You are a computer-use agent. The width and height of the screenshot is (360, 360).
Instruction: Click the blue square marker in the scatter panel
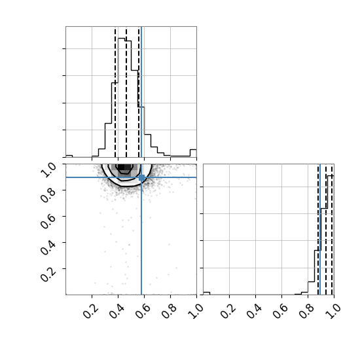[x=141, y=177]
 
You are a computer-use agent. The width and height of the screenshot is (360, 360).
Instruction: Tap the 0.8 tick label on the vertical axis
[x=48, y=196]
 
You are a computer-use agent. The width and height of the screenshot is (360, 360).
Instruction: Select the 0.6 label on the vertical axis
[x=48, y=221]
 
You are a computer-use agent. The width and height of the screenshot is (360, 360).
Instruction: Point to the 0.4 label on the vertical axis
[x=48, y=247]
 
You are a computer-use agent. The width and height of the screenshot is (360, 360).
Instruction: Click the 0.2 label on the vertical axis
[x=48, y=274]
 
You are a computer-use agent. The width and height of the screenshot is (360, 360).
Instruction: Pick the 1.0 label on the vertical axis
[x=48, y=170]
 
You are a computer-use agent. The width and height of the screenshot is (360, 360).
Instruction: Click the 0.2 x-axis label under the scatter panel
[x=91, y=311]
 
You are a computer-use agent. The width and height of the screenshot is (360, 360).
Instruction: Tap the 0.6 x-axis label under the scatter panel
[x=143, y=311]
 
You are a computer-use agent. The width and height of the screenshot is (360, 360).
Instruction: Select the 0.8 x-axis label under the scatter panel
[x=170, y=311]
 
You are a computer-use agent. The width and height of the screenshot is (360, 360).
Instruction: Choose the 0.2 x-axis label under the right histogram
[x=228, y=311]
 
